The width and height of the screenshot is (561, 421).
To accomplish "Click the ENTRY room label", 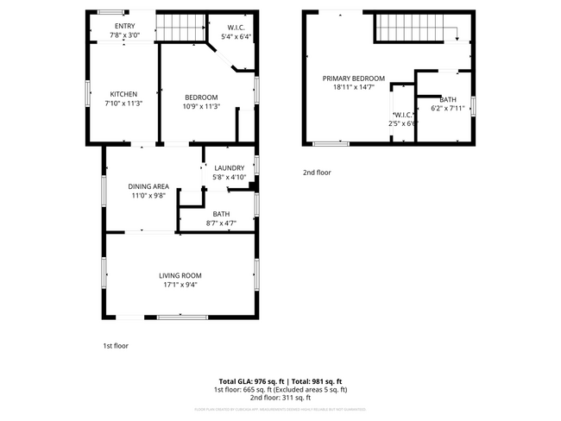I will point(125,26).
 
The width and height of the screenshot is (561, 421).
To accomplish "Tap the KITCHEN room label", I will point(123,95).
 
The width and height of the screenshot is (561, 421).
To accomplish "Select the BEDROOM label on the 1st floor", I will point(201,97).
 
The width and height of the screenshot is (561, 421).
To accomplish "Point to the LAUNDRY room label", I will point(230,167).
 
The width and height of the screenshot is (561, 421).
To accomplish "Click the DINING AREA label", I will point(148,186).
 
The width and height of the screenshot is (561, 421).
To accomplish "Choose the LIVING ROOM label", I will point(180,275).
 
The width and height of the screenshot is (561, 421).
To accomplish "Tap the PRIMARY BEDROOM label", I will point(354,79).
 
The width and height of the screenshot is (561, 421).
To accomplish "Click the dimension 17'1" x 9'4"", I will point(180,286).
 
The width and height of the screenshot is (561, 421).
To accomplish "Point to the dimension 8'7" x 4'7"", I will point(221,223).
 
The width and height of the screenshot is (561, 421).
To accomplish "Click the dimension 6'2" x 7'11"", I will point(448,109).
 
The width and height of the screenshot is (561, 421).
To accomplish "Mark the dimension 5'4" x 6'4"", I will point(236,37).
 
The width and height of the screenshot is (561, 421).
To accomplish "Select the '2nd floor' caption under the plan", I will point(317,173).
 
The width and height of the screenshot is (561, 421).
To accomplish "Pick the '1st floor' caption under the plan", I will point(116,346).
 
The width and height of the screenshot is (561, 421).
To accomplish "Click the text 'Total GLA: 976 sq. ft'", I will point(249,381).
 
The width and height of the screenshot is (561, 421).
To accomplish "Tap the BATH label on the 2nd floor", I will point(448,99).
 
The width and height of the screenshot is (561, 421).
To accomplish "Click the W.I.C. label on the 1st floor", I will point(236,28).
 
